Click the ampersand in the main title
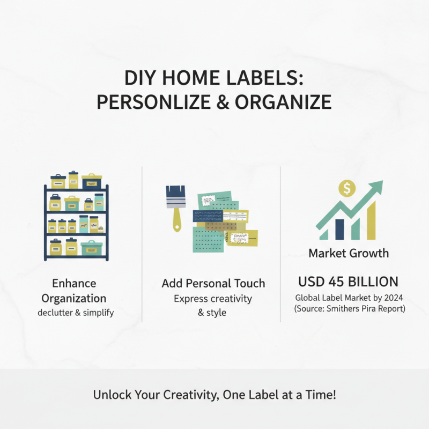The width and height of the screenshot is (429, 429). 235,102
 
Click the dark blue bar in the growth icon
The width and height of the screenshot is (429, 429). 338,228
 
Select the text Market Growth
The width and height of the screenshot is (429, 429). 349,253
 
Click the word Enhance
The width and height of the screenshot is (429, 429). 74,283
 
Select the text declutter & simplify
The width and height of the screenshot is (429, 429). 76,312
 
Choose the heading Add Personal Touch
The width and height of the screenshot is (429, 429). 213,283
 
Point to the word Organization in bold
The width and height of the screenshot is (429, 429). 74,298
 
